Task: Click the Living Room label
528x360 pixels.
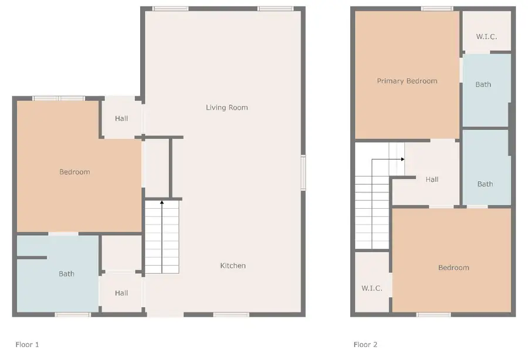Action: [226, 107]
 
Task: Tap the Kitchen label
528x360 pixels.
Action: [233, 266]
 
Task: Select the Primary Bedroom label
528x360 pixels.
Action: [407, 81]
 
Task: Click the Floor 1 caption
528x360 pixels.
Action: [27, 345]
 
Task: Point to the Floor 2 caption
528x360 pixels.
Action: [365, 345]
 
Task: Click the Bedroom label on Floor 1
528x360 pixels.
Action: [75, 172]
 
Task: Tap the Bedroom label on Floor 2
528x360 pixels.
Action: [453, 267]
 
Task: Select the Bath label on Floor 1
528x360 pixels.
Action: [66, 274]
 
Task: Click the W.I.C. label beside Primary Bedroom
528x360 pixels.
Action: [486, 36]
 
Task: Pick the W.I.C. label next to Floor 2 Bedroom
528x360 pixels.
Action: [372, 288]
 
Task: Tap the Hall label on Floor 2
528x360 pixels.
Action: [432, 179]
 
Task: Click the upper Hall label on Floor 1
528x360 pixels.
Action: [121, 118]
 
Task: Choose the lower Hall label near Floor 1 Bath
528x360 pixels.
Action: [121, 293]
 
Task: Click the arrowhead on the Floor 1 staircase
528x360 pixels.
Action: [162, 202]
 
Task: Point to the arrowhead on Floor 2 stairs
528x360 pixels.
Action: [402, 159]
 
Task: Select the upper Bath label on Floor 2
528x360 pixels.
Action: [483, 84]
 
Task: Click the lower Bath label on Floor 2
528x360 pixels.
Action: [485, 184]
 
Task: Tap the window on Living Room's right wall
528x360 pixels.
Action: [303, 173]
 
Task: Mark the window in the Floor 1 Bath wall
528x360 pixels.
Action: [73, 315]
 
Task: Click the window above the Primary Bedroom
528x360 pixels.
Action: [437, 8]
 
